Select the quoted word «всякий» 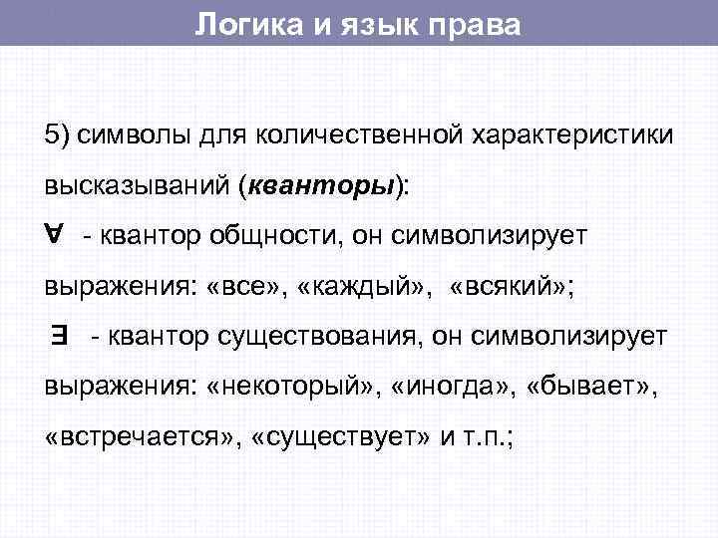pyautogui.click(x=508, y=289)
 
